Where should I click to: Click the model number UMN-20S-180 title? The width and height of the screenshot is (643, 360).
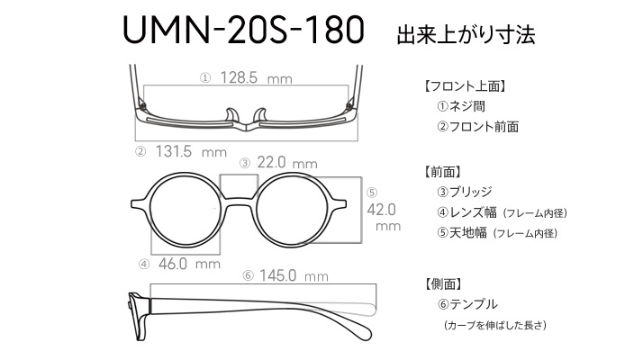coord(243,30)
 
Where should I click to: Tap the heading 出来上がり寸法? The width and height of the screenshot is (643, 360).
coord(466,35)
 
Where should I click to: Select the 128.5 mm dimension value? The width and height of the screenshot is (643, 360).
coord(256,77)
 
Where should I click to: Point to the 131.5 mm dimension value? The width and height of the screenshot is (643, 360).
coord(191,152)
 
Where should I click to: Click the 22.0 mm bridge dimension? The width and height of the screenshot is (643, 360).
coord(287,163)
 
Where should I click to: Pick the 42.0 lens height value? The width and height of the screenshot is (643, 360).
coord(382,210)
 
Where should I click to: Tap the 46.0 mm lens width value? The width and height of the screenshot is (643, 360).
coord(189,264)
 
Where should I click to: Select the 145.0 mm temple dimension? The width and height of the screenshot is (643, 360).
coord(294,275)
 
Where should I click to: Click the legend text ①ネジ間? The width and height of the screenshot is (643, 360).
coord(461,106)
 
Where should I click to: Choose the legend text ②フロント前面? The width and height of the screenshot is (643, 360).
coord(477,127)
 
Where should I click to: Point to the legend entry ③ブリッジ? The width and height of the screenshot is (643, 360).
coord(464,192)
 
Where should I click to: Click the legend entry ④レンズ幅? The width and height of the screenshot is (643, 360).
coord(466,212)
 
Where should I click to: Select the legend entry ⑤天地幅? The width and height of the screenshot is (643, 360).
coord(462,233)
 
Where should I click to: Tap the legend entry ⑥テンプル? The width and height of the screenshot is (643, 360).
coord(467,304)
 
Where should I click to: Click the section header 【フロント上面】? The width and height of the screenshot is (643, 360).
coord(464,86)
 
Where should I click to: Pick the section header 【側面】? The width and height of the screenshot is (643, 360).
coord(443,283)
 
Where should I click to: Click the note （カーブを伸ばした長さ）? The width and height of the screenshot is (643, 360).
coord(495,325)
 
